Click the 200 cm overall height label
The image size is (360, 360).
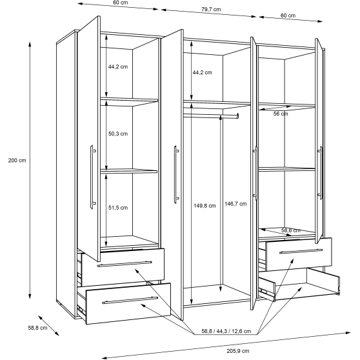pyautogui.click(x=17, y=161)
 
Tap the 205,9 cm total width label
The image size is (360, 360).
pyautogui.click(x=238, y=351)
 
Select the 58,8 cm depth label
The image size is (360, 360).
pyautogui.click(x=37, y=328)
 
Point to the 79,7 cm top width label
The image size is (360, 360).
pyautogui.click(x=211, y=10)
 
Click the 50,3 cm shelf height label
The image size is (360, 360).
pyautogui.click(x=118, y=134)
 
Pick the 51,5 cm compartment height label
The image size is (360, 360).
pyautogui.click(x=118, y=208)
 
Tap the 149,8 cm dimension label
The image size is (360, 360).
pyautogui.click(x=205, y=206)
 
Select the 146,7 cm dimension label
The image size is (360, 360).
pyautogui.click(x=235, y=204)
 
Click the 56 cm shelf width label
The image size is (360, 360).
pyautogui.click(x=281, y=114)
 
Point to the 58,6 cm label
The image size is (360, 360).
pyautogui.click(x=291, y=230)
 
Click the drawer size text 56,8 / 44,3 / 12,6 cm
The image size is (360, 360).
pyautogui.click(x=226, y=331)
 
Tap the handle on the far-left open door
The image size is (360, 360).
pyautogui.click(x=92, y=177)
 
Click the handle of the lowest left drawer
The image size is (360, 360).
pyautogui.click(x=130, y=300)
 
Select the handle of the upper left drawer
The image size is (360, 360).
pyautogui.click(x=125, y=264)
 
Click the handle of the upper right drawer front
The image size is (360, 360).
pyautogui.click(x=301, y=252)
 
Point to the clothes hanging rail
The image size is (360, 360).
pyautogui.click(x=211, y=115)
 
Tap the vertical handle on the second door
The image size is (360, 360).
pyautogui.click(x=176, y=174)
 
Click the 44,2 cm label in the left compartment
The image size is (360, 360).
pyautogui.click(x=118, y=67)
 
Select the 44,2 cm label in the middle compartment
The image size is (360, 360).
pyautogui.click(x=203, y=72)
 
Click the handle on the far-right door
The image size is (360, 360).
pyautogui.click(x=320, y=172)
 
